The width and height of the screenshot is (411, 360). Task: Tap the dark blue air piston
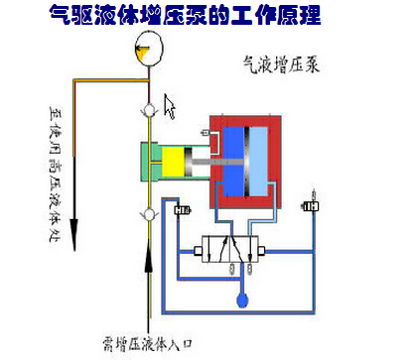tap(236, 161)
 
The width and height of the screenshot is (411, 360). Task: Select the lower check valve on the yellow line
tap(150, 214)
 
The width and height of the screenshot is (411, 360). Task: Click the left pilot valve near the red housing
tap(183, 209)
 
